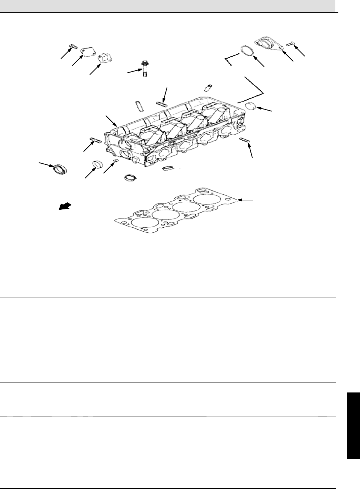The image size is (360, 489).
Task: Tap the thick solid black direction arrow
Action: (x=65, y=206)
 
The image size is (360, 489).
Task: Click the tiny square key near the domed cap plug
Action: (x=116, y=161)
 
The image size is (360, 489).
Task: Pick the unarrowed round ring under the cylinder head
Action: (x=130, y=177)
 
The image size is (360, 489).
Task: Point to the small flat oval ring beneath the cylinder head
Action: (x=167, y=168)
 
